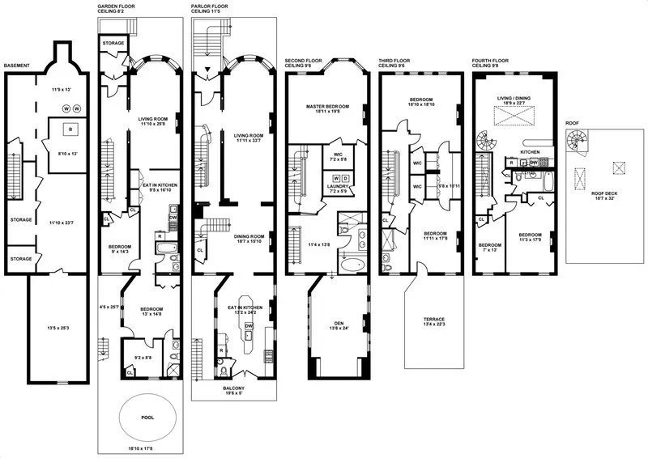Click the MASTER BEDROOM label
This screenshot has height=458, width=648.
327,106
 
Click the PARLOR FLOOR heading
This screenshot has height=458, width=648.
212,6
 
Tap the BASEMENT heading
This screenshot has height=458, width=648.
18,66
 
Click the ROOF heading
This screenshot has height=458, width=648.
573,122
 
